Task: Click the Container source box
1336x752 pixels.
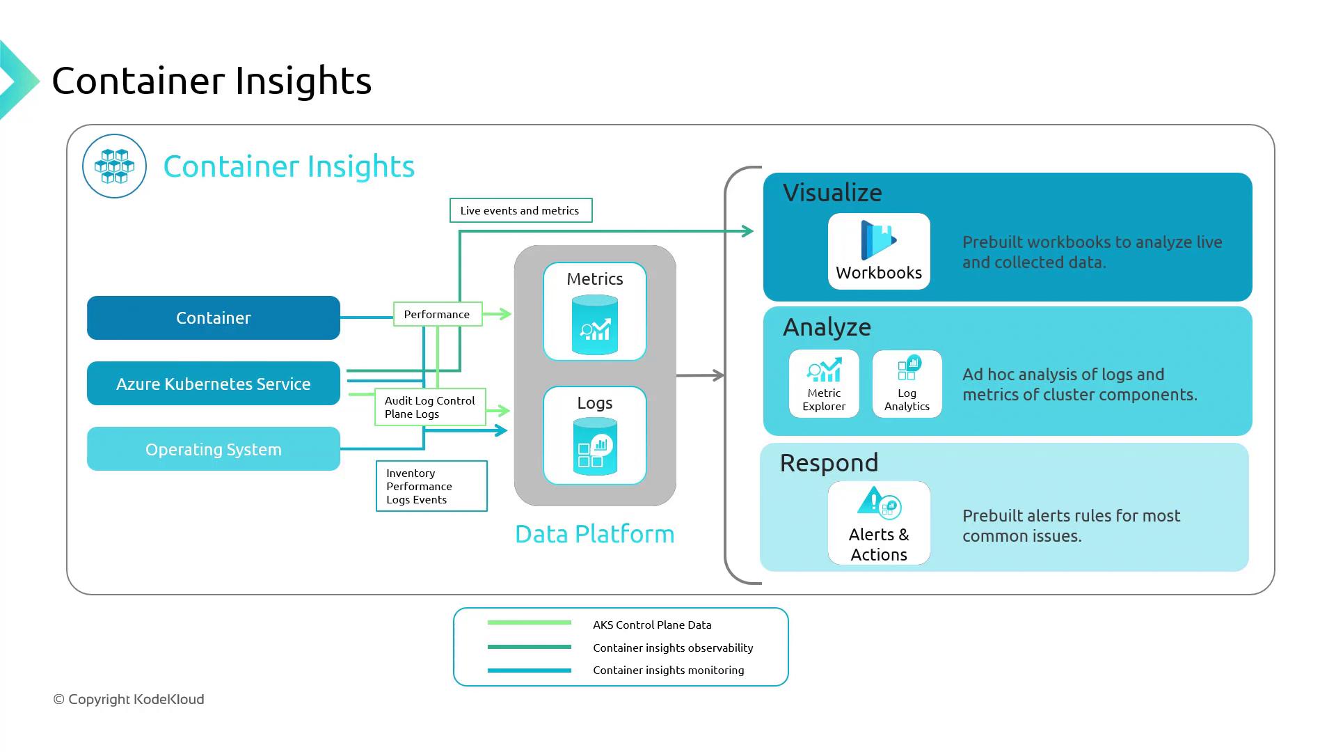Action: tap(213, 318)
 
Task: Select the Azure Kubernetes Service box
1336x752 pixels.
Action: tap(213, 384)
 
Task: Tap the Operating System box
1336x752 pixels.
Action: tap(213, 449)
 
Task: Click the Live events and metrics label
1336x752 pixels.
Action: tap(520, 210)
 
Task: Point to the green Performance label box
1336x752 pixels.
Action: tap(437, 314)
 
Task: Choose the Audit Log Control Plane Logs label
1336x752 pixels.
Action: tap(430, 407)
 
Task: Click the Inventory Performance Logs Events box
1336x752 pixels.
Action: tap(431, 486)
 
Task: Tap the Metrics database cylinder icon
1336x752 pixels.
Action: tap(595, 325)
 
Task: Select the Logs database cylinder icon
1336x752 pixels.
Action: tap(595, 446)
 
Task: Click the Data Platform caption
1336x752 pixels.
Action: tap(595, 534)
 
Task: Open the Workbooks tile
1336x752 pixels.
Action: tap(879, 251)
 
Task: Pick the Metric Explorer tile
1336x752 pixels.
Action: tap(824, 384)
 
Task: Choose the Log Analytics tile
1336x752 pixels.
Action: tap(907, 384)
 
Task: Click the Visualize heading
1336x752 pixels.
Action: tap(832, 193)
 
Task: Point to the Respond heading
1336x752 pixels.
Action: tap(829, 463)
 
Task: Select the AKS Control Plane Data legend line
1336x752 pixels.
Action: tap(530, 622)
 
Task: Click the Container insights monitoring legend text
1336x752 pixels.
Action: tap(668, 671)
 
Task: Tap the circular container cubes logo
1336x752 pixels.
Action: tap(114, 166)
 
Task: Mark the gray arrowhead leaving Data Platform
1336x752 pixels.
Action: tap(719, 375)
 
